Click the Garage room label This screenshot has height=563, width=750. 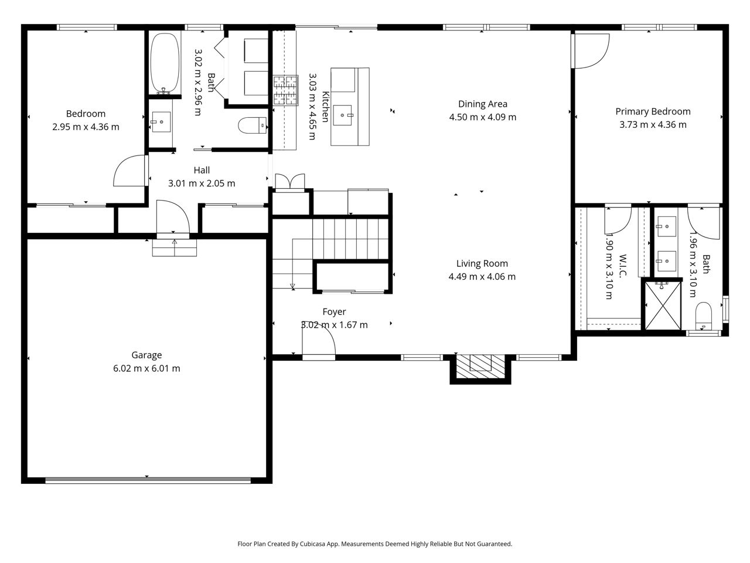[146, 355]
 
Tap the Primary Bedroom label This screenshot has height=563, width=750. [653, 111]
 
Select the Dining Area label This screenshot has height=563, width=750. [482, 104]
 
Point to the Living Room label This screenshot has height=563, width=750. [482, 263]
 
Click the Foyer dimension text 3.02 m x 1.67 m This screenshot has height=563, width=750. [334, 325]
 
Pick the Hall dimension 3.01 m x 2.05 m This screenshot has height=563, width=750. [202, 183]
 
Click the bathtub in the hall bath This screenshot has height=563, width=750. [165, 63]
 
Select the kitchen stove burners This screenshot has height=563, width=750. [285, 90]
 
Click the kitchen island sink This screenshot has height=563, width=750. [343, 115]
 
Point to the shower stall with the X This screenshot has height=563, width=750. [663, 306]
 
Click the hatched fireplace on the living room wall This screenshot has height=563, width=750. [480, 367]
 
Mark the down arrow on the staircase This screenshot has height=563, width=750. [292, 286]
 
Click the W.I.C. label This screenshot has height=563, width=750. [622, 266]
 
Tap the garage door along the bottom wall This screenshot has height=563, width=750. [148, 480]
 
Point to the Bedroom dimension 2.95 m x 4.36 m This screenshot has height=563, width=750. [86, 127]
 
